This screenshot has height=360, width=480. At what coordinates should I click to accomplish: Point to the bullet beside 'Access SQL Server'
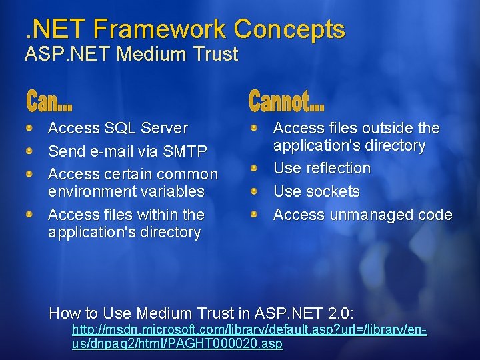point(30,126)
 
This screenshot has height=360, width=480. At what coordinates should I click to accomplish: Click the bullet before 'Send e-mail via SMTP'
point(30,150)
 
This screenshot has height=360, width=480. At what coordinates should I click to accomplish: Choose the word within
point(157,215)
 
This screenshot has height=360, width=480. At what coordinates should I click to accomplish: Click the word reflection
point(338,168)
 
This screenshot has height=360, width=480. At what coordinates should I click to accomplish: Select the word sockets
point(334,191)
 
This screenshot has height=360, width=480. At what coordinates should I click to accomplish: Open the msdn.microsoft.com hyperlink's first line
point(249,329)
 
